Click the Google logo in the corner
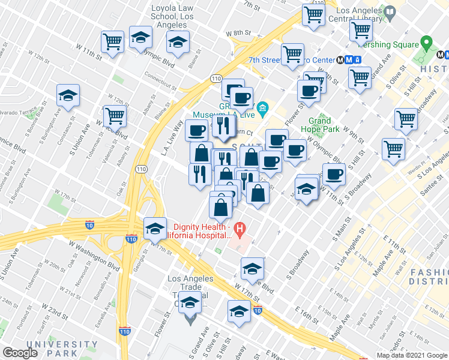(x=20, y=353)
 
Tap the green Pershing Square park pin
(x=427, y=43)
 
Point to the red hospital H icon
(x=240, y=228)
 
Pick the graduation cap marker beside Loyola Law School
(x=140, y=39)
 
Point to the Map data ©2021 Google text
(x=412, y=355)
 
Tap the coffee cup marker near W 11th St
(x=334, y=174)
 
